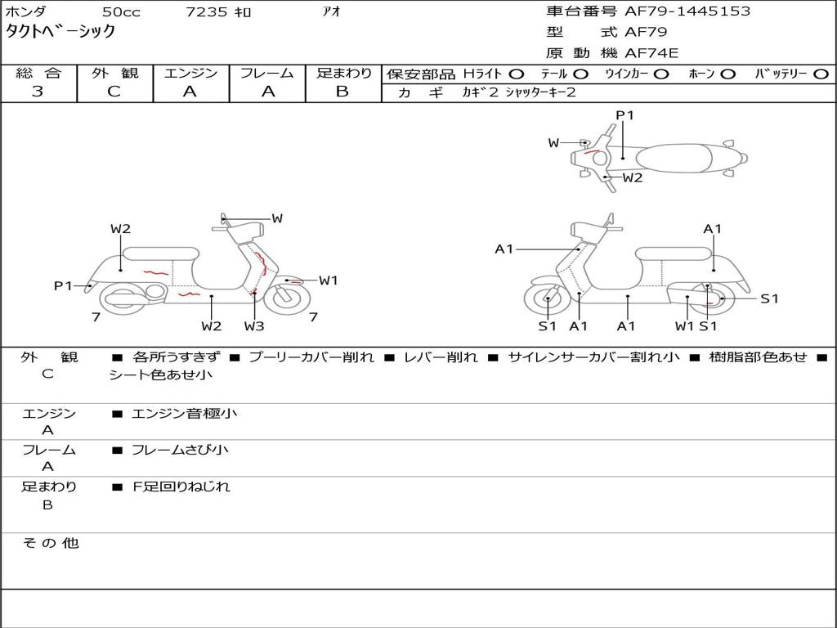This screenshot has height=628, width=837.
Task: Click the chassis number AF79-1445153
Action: (x=687, y=11)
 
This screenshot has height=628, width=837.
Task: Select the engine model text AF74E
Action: (x=651, y=53)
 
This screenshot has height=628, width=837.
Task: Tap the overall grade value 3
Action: (x=38, y=91)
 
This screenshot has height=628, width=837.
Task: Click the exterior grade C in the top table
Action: (x=114, y=91)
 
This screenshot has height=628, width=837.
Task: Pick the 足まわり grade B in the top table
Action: (x=342, y=91)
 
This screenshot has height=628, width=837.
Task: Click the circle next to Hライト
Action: (x=517, y=74)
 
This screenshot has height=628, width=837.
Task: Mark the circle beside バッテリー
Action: (x=821, y=74)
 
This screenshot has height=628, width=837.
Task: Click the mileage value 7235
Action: (x=206, y=11)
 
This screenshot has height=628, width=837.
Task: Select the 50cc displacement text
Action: (x=121, y=11)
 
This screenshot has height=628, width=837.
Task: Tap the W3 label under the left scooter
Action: (x=254, y=326)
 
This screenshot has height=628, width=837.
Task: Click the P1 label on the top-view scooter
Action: (x=624, y=115)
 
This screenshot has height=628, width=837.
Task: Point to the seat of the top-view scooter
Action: (x=674, y=159)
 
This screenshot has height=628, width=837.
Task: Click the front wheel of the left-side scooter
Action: (x=287, y=298)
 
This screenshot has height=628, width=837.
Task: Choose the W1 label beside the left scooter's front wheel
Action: (x=329, y=280)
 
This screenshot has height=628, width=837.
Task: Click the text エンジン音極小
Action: (x=184, y=413)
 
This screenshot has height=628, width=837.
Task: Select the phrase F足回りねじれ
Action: (x=181, y=487)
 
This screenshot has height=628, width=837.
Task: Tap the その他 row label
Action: (x=51, y=543)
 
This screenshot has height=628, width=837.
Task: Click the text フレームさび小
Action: (x=180, y=450)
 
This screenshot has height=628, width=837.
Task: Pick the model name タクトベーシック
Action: (x=60, y=32)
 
